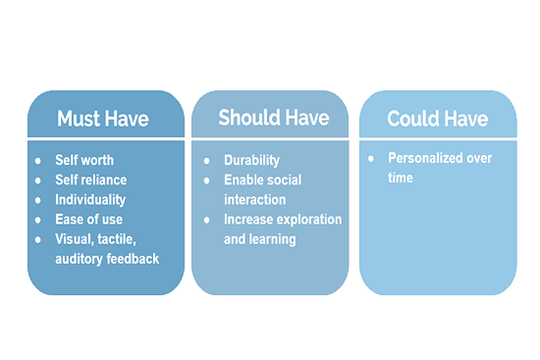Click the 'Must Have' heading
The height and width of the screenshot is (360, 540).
[x=103, y=119]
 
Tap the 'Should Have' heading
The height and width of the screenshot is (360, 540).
[x=274, y=118]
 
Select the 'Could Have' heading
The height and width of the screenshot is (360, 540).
[x=437, y=119]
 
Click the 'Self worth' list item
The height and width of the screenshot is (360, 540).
[x=84, y=160]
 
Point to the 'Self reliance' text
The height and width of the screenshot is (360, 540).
[x=91, y=180]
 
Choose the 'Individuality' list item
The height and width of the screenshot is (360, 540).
[x=90, y=200]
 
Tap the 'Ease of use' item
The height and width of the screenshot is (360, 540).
[x=88, y=219]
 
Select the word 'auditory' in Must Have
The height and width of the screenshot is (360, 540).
[x=79, y=259]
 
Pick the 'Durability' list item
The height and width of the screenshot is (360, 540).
[x=251, y=161]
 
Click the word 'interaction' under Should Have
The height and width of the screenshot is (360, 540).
[x=255, y=199]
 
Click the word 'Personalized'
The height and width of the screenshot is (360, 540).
[x=425, y=158]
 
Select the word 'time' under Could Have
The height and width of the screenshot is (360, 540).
[x=401, y=178]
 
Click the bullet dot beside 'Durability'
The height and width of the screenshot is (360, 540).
[x=206, y=161]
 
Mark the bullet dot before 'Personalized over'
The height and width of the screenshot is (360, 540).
[x=371, y=159]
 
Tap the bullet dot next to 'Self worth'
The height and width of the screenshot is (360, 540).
[x=38, y=161]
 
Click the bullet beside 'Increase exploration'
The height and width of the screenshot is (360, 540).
[x=206, y=220]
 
